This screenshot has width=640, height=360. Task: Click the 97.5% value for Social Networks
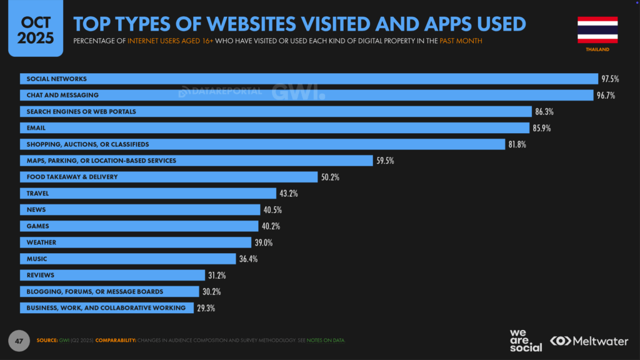611,79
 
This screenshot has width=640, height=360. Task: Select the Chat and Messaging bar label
62,95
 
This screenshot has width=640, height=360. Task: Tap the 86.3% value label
544,112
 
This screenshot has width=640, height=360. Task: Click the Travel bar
147,193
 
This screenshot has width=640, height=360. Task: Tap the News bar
140,209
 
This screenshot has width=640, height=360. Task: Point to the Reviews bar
112,275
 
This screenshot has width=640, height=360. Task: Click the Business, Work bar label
106,307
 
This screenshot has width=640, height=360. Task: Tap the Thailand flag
597,30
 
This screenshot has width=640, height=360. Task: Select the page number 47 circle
19,341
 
